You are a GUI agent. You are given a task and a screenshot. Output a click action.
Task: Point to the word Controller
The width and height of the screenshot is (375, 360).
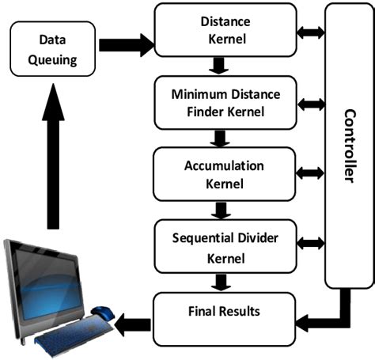click(349, 146)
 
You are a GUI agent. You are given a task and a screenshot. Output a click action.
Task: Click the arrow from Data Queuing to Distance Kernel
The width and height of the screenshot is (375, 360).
click(124, 44)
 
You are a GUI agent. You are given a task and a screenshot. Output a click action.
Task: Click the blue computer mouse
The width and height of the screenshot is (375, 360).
click(101, 311)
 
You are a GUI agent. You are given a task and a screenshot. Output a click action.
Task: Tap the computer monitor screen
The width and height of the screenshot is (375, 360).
click(47, 281)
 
